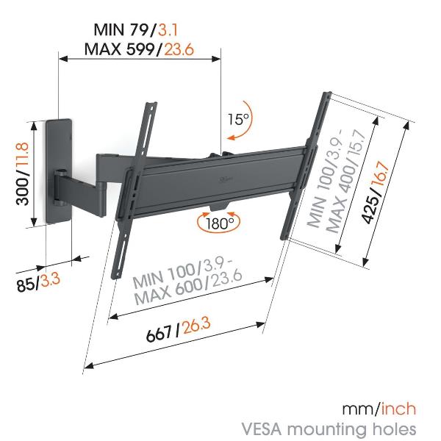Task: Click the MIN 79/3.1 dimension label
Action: click(x=135, y=29)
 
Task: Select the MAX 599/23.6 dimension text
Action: click(x=139, y=49)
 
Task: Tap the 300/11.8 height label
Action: click(x=23, y=173)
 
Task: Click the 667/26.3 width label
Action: click(x=179, y=329)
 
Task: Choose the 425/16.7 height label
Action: click(x=375, y=193)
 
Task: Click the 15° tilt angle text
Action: click(x=238, y=119)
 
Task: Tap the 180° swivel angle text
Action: click(x=220, y=223)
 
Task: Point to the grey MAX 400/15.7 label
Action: click(x=346, y=182)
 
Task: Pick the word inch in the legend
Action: click(x=398, y=409)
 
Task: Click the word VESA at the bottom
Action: click(x=262, y=429)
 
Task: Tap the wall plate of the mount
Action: click(x=58, y=171)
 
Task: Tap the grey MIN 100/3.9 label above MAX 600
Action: click(x=182, y=270)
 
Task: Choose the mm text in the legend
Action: click(x=360, y=409)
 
